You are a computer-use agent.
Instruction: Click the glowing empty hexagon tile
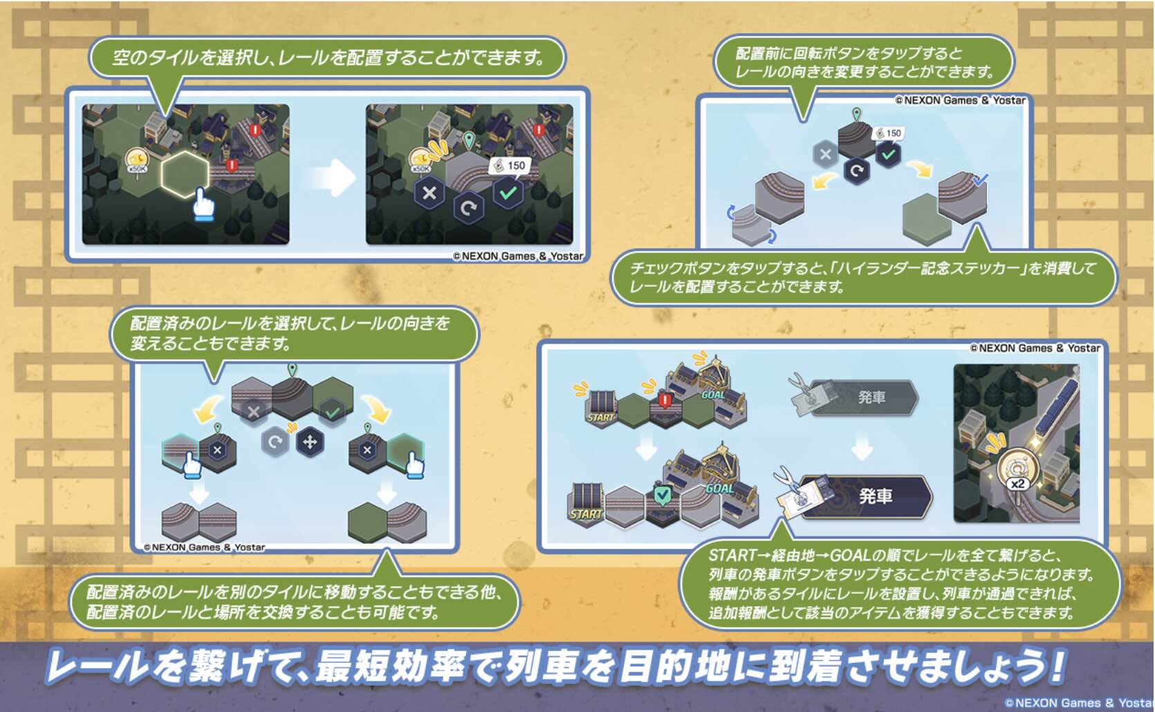[185, 174]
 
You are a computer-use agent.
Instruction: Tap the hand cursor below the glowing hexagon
[203, 205]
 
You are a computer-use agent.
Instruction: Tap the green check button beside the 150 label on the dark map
[508, 193]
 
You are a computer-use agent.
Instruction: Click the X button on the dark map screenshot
[429, 193]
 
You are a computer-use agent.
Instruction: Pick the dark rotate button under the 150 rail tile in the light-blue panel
[856, 171]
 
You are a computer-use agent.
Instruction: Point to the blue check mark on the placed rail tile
[980, 180]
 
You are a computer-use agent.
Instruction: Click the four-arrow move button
[310, 442]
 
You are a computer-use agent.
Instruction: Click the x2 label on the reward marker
[1017, 484]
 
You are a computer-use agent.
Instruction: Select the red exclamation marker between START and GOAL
[665, 400]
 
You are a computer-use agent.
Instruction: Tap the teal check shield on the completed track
[662, 494]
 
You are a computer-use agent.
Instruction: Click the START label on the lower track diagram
[586, 514]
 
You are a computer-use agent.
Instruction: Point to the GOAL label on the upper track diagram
[714, 395]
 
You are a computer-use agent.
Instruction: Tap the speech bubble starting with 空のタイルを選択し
[327, 57]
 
